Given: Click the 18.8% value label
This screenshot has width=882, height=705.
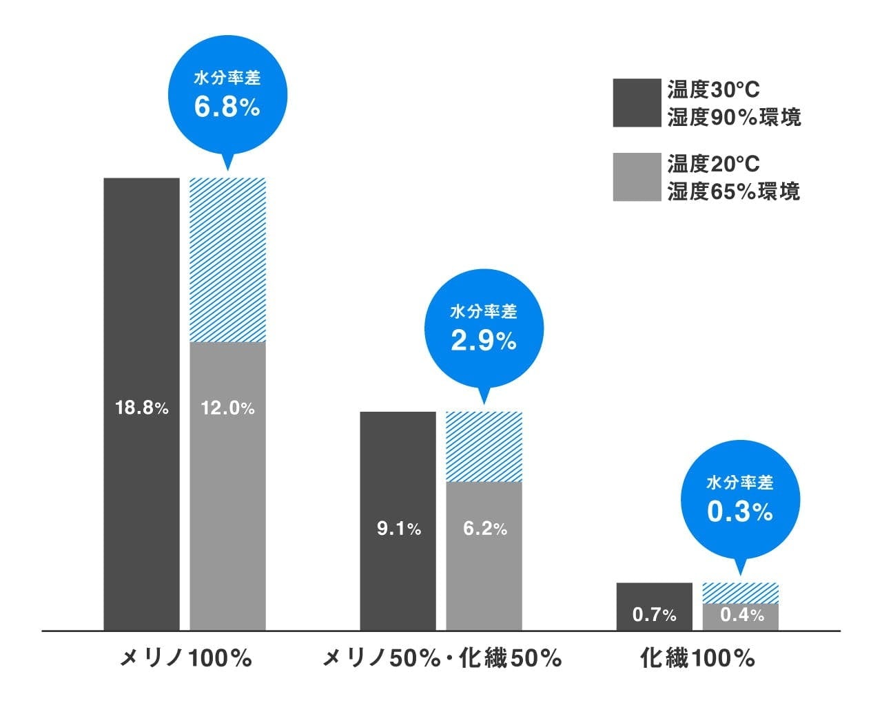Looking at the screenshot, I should (141, 408).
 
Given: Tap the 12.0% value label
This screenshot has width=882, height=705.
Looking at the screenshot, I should (227, 408).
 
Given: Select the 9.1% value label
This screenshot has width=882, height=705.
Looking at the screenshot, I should (398, 529).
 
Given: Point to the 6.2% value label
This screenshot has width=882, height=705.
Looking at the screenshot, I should (484, 529).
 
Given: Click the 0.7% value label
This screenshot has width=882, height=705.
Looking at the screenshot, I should (654, 614).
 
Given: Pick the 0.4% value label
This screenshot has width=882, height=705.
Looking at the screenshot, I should (741, 614).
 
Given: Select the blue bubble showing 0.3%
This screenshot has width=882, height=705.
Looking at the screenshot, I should (740, 500).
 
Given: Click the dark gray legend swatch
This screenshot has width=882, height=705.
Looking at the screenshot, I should (637, 103).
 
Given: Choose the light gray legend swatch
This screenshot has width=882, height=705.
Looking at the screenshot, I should (637, 177).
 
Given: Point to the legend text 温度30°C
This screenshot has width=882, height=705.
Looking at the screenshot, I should (714, 90).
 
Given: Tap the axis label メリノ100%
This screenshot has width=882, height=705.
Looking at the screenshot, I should (185, 659).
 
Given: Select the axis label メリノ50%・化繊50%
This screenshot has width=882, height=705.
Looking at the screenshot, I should (442, 659).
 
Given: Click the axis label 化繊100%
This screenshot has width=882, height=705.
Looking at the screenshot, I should (697, 659).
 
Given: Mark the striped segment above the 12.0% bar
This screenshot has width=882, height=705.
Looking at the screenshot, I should (227, 260).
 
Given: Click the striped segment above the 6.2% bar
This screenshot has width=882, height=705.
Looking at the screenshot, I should (484, 446).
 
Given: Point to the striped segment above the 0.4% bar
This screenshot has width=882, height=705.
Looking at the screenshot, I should (741, 593).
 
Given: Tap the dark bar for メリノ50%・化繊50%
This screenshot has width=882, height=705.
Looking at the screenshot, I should (398, 468).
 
